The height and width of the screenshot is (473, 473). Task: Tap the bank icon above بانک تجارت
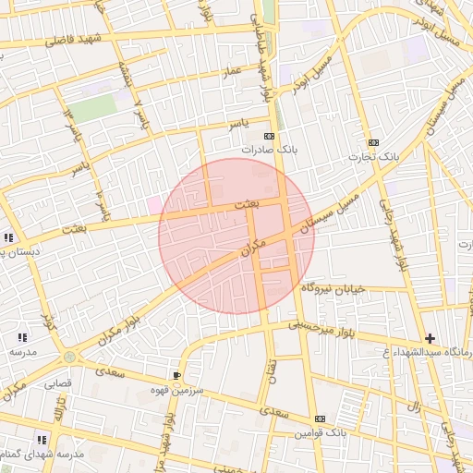click(373, 142)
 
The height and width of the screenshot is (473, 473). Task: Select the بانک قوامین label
click(321, 432)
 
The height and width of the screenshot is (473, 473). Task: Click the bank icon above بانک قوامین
click(320, 418)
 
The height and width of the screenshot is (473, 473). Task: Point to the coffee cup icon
click(176, 375)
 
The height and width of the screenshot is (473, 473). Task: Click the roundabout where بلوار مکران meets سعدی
click(70, 358)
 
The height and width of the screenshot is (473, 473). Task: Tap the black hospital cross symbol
click(430, 339)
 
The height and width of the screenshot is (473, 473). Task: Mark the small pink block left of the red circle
click(152, 205)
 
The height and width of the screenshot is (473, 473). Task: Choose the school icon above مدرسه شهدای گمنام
click(41, 440)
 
